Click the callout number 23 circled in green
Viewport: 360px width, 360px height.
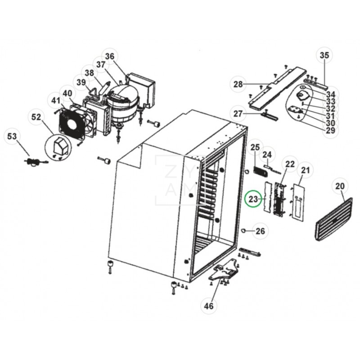253,199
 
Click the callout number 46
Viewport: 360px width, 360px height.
208,306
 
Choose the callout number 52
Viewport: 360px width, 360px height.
36,117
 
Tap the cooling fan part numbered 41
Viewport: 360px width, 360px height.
73,121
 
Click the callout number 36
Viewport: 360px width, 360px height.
110,56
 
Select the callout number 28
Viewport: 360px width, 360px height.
238,84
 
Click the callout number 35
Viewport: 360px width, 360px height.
324,56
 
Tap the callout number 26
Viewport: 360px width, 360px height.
260,232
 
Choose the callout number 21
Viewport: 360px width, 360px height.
306,170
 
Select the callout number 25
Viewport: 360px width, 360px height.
255,147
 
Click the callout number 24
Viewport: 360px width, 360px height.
268,155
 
